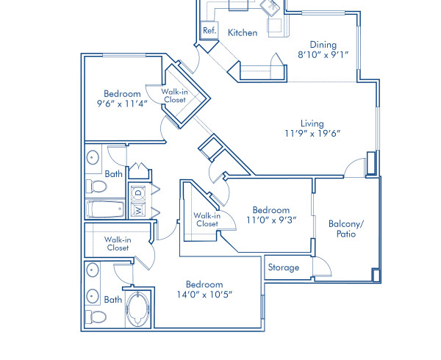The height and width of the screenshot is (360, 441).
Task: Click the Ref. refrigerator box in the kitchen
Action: point(209,31)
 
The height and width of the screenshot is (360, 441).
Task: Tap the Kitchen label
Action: point(242,32)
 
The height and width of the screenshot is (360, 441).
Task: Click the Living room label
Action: point(312,123)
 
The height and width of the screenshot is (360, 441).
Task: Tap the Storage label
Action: point(284,267)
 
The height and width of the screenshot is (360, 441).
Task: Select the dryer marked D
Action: point(138,194)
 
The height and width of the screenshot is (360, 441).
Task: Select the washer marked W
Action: point(138,210)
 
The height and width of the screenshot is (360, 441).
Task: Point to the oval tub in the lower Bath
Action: point(137,309)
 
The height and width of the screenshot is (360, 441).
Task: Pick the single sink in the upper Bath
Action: point(93,157)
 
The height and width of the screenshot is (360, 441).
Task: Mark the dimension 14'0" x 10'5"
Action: point(204,295)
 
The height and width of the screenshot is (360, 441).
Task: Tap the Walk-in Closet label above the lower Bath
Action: point(117,243)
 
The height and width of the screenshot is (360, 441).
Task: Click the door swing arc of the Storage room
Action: point(321,268)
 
